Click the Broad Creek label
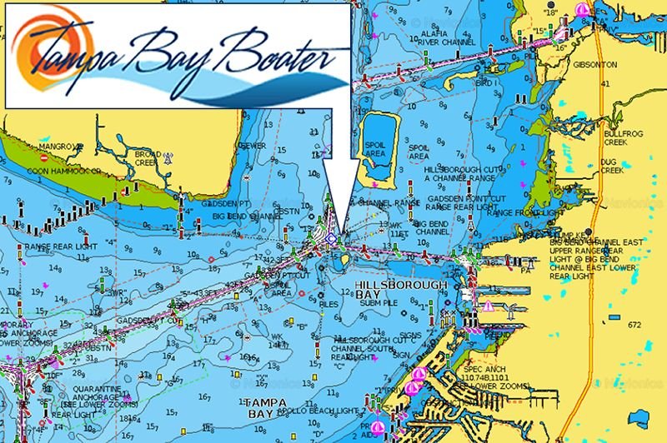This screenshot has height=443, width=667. pyautogui.click(x=147, y=157)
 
